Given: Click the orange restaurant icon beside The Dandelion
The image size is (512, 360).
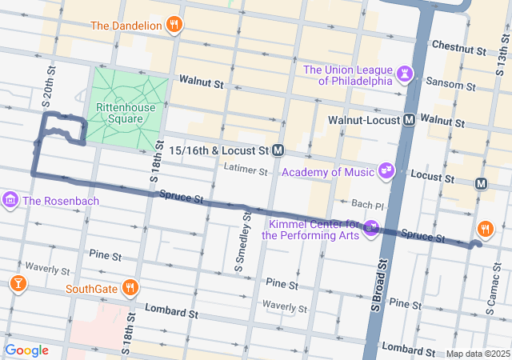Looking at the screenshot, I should click(x=174, y=25).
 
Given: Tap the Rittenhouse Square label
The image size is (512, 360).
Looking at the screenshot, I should click(x=119, y=113).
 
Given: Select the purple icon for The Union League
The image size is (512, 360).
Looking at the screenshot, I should click(x=406, y=74).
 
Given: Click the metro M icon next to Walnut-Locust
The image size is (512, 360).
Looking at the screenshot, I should click(x=409, y=119).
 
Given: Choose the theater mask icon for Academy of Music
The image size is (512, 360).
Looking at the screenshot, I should click(x=386, y=170).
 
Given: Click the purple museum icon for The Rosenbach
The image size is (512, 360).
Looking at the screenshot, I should click(x=11, y=198).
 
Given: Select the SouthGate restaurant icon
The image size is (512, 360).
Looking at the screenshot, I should click(x=130, y=287).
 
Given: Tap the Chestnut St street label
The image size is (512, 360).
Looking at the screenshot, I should click(x=458, y=50).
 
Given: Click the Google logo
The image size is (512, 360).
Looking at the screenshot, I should click(x=26, y=350).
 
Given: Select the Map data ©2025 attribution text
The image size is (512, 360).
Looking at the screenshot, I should click(x=477, y=354).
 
